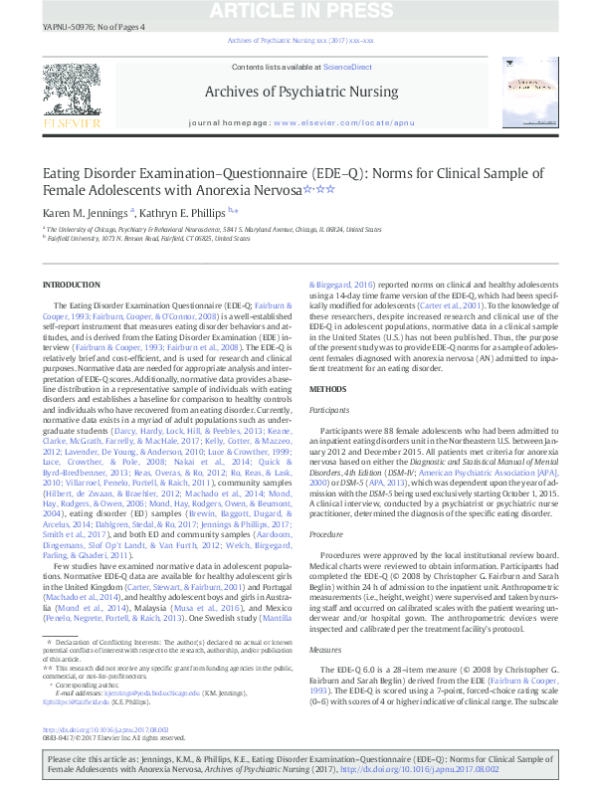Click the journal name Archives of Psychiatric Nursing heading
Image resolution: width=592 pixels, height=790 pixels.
[299, 92]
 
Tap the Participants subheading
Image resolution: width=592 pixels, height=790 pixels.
[329, 409]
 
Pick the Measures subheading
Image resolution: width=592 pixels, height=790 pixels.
[325, 648]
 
